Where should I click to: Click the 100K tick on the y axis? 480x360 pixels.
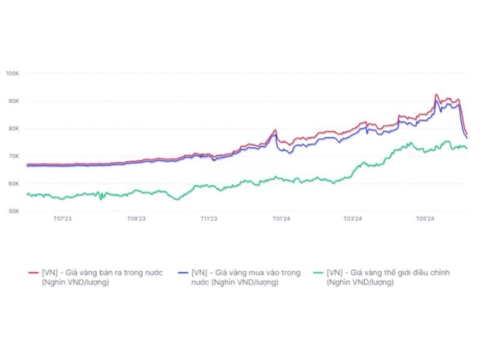pyautogui.click(x=13, y=73)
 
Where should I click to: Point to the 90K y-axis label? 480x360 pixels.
pyautogui.click(x=13, y=101)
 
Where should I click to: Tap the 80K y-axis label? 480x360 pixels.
pyautogui.click(x=13, y=128)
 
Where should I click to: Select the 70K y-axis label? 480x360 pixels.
pyautogui.click(x=13, y=156)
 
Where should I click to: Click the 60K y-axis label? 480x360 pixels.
pyautogui.click(x=13, y=184)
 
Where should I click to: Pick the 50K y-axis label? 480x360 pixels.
pyautogui.click(x=13, y=211)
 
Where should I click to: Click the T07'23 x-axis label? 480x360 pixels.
pyautogui.click(x=62, y=219)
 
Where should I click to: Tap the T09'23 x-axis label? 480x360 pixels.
pyautogui.click(x=136, y=219)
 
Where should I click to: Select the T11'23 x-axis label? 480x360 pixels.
pyautogui.click(x=209, y=219)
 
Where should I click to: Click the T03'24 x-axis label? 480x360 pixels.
pyautogui.click(x=353, y=219)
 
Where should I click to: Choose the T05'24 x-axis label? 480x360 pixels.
pyautogui.click(x=425, y=219)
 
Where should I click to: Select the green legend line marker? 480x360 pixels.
pyautogui.click(x=319, y=273)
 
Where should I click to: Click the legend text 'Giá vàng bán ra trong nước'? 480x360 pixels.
pyautogui.click(x=102, y=272)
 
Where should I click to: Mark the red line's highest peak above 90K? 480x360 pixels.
pyautogui.click(x=436, y=95)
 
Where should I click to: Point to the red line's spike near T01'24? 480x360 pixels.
pyautogui.click(x=275, y=130)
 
